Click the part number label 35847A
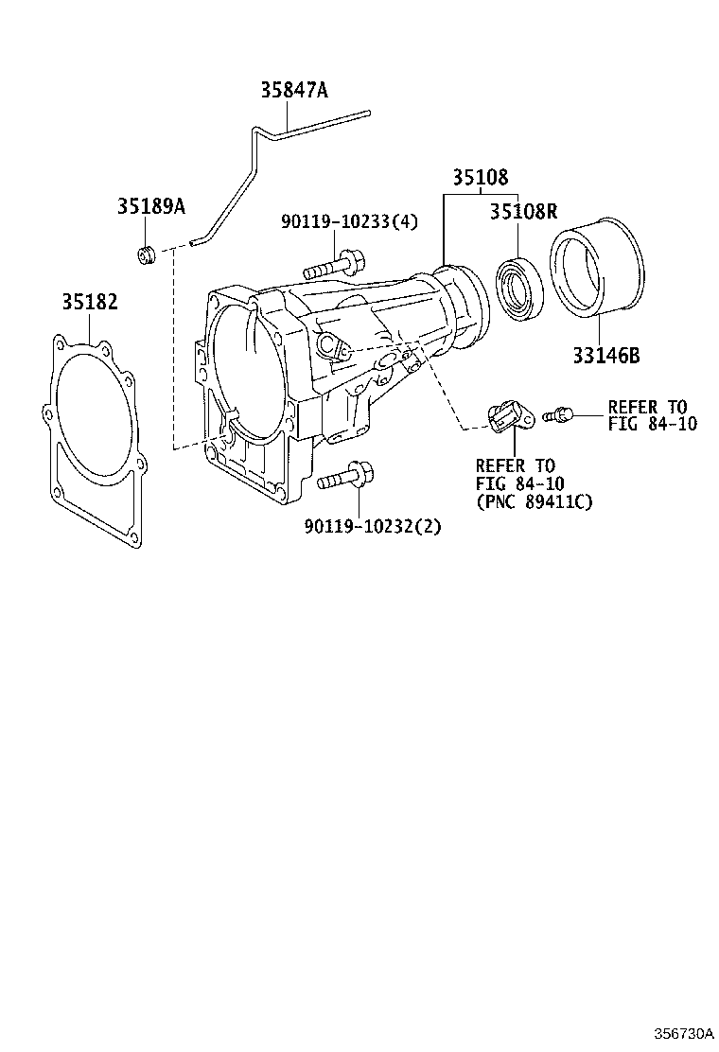coord(294,90)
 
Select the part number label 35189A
coord(151,206)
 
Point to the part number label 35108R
coord(523,211)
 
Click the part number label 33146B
coord(605,356)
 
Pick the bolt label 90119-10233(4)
coord(349,221)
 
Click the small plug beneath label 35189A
coord(146,255)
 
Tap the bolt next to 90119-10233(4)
coord(331,264)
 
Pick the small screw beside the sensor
coord(558,413)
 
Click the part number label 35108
coord(479,177)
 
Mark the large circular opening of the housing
coord(243,369)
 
